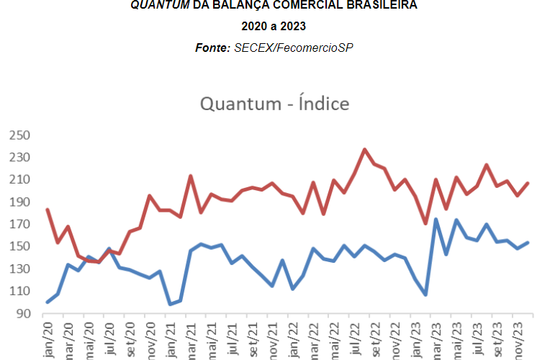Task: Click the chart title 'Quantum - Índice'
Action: [274, 104]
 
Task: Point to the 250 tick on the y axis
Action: [19, 135]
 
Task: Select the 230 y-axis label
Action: [19, 157]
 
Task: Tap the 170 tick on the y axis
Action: [19, 224]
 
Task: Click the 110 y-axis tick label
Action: [19, 291]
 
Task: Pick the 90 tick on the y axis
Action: [22, 313]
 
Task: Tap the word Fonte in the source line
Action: [212, 47]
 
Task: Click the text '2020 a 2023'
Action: [274, 27]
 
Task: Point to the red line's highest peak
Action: [365, 150]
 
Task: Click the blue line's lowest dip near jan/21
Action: [171, 304]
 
